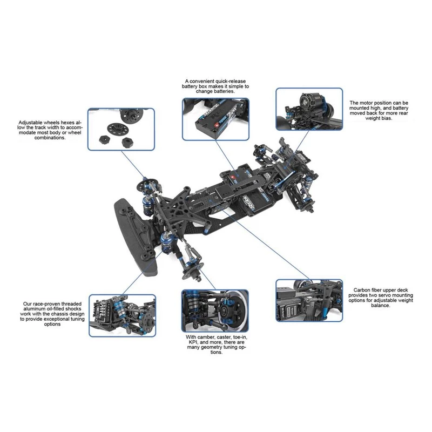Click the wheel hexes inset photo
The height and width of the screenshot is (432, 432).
pyautogui.click(x=121, y=129)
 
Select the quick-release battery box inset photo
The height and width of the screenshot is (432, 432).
pyautogui.click(x=215, y=119)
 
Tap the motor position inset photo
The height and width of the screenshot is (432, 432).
pyautogui.click(x=309, y=109)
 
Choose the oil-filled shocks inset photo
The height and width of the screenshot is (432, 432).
pyautogui.click(x=123, y=315)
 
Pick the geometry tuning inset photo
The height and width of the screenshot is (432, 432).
pyautogui.click(x=215, y=310)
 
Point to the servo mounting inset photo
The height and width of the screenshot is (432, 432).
pyautogui.click(x=309, y=300)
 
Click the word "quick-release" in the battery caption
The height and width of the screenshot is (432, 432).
pyautogui.click(x=231, y=82)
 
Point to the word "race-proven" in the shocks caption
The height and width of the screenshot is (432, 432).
pyautogui.click(x=48, y=304)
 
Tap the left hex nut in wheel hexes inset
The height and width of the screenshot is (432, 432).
pyautogui.click(x=104, y=138)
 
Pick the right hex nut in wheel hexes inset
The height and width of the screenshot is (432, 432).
pyautogui.click(x=127, y=142)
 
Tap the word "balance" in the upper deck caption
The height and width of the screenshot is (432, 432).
pyautogui.click(x=380, y=306)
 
